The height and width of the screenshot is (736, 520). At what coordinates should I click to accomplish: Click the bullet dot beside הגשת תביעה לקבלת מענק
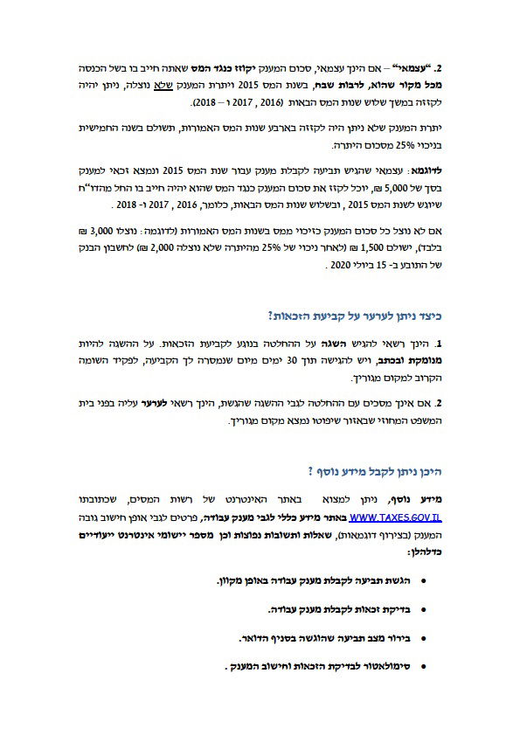424,580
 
